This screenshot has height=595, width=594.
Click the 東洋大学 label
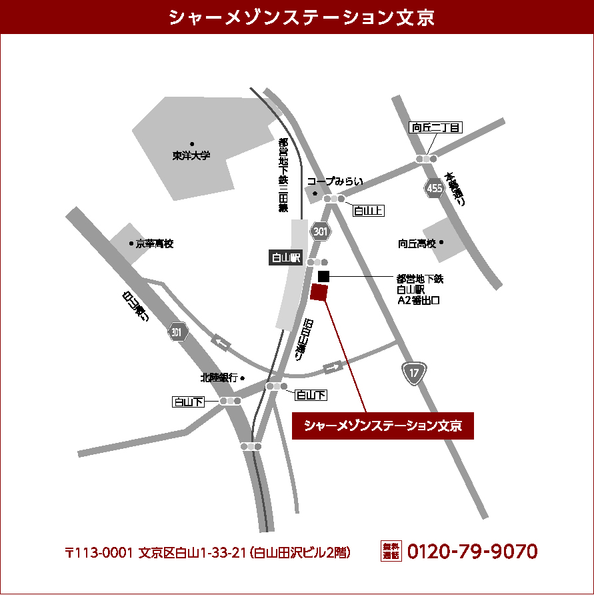(x=191, y=155)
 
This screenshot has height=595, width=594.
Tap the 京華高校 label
(x=155, y=244)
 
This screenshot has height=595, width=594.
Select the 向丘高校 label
(x=417, y=243)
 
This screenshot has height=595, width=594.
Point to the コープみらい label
(x=335, y=181)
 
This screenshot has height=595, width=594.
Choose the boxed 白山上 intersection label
(x=369, y=211)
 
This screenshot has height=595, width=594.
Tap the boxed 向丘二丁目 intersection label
(x=435, y=128)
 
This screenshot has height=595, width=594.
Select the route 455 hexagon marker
(x=435, y=189)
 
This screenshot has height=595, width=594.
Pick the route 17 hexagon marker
(x=414, y=373)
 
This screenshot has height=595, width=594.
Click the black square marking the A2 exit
(x=324, y=275)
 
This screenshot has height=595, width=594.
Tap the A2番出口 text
(x=419, y=301)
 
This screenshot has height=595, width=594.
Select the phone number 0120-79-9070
(x=472, y=552)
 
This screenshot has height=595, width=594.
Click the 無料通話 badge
(x=391, y=551)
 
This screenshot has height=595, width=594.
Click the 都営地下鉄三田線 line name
(x=283, y=175)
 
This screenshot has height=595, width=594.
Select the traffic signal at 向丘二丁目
(x=426, y=159)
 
